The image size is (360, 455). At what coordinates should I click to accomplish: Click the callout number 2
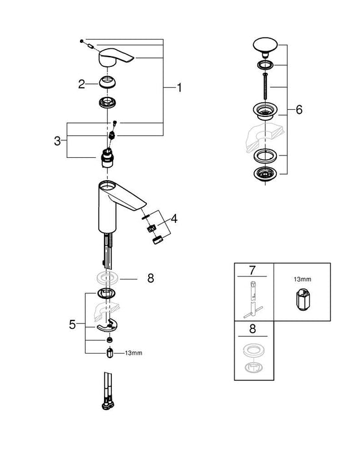(x=82, y=83)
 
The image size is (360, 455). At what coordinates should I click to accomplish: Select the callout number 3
(x=58, y=140)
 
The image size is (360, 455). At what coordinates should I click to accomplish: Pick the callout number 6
(x=299, y=110)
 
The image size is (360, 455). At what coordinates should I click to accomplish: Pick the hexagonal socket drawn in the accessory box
(x=302, y=300)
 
